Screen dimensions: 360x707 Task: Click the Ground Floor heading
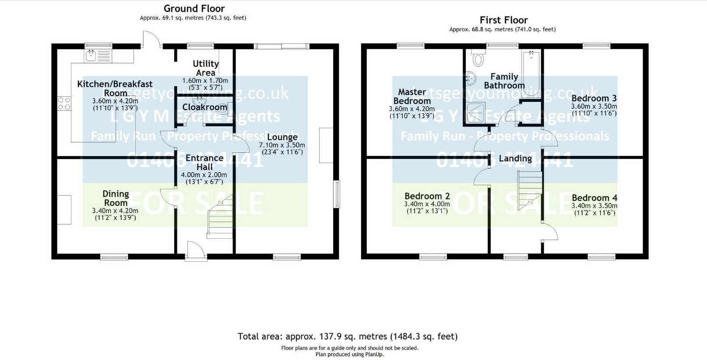coord(194,8)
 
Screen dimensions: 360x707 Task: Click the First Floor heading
coord(503,20)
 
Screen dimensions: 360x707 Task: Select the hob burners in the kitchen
coord(64,104)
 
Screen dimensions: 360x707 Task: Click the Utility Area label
coord(205,68)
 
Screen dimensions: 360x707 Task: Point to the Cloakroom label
coord(204,107)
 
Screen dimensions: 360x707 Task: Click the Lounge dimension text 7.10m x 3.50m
coord(282,145)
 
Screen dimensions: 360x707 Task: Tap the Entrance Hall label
coord(204,162)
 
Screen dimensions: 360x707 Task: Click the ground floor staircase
coord(220,219)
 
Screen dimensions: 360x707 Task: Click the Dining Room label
coord(116,198)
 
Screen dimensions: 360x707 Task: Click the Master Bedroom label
coord(412,96)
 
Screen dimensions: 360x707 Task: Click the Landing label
coord(515,159)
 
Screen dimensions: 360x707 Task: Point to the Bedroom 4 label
coord(594,198)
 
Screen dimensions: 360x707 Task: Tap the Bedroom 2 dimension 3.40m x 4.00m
coord(426,204)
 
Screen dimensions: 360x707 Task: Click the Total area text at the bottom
coord(347,336)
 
